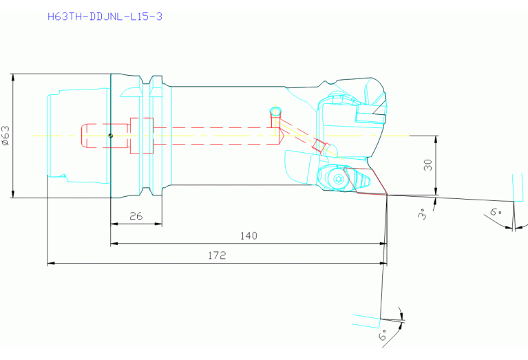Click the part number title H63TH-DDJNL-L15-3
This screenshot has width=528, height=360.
pyautogui.click(x=105, y=17)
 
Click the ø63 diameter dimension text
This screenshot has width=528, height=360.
pyautogui.click(x=6, y=136)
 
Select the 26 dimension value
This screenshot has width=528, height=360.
pyautogui.click(x=136, y=216)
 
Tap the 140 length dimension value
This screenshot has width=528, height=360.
pyautogui.click(x=249, y=235)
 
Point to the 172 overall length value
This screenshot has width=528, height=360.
pyautogui.click(x=217, y=255)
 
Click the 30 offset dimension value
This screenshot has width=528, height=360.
pyautogui.click(x=428, y=165)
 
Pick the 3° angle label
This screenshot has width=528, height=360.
pyautogui.click(x=422, y=214)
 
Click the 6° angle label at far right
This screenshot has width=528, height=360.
pyautogui.click(x=496, y=212)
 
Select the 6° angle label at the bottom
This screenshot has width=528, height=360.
pyautogui.click(x=383, y=336)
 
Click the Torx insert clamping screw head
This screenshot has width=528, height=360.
pyautogui.click(x=339, y=179)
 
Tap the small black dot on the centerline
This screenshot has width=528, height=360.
pyautogui.click(x=110, y=136)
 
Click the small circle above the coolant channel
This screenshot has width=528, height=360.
pyautogui.click(x=275, y=112)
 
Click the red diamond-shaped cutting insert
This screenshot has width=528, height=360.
pyautogui.click(x=366, y=180)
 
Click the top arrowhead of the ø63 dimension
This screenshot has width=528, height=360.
pyautogui.click(x=13, y=78)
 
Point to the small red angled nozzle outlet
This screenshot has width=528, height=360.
pyautogui.click(x=319, y=146)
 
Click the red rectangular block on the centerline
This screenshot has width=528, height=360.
pyautogui.click(x=142, y=136)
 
